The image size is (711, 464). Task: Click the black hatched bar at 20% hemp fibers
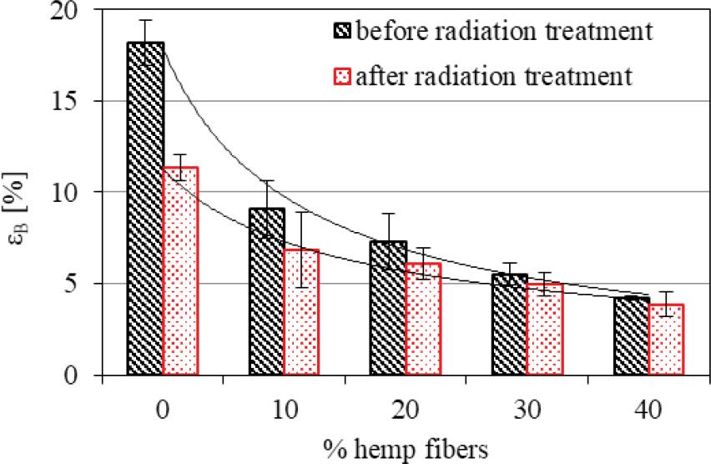(x=387, y=308)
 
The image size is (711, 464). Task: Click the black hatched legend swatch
(x=343, y=33)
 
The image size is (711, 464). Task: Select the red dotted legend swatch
(x=343, y=77)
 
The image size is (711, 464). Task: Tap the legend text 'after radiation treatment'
(x=492, y=77)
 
